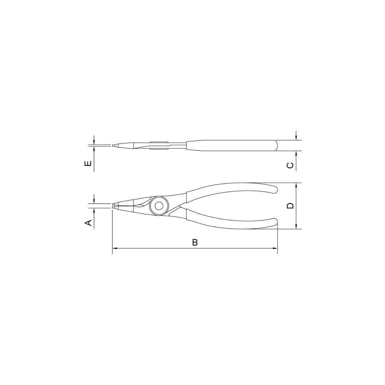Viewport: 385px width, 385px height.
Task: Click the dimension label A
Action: [x=88, y=222]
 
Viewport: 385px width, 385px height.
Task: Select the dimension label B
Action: [x=195, y=243]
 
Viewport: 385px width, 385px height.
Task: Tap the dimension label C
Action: [x=291, y=166]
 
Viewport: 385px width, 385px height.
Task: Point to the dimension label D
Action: [x=291, y=205]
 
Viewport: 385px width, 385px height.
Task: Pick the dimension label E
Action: [x=88, y=164]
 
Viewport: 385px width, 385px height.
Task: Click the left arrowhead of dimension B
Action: [x=114, y=249]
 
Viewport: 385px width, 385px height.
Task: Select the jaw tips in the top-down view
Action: [x=115, y=206]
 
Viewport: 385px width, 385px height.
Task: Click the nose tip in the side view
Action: [x=114, y=146]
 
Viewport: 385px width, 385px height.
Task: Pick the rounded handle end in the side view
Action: [x=275, y=146]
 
